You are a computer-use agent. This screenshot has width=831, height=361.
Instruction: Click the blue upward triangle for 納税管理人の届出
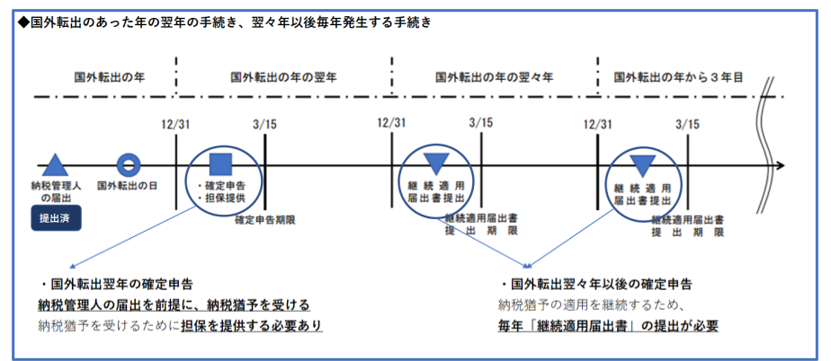click(x=55, y=164)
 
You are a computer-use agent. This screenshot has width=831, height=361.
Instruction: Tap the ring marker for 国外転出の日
click(x=129, y=165)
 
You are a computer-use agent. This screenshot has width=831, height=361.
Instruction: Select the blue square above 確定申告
click(x=221, y=164)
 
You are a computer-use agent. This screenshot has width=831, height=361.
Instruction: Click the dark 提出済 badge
click(x=56, y=217)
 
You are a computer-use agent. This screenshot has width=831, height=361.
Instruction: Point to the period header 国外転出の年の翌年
click(x=283, y=77)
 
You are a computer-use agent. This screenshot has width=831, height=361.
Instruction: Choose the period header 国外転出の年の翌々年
click(x=494, y=77)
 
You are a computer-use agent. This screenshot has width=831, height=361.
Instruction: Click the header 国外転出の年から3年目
click(x=678, y=77)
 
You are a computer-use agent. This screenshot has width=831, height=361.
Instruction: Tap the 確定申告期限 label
click(x=265, y=220)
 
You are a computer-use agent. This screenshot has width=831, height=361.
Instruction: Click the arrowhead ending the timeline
click(x=780, y=165)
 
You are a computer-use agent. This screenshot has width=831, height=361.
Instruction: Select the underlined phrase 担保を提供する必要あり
click(x=252, y=326)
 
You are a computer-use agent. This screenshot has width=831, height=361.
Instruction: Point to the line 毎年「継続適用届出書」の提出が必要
click(x=608, y=326)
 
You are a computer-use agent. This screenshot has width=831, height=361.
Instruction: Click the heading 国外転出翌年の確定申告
click(x=117, y=285)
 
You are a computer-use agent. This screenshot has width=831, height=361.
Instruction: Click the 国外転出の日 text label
click(x=127, y=186)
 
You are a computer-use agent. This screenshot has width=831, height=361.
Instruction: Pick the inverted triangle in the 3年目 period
click(x=643, y=165)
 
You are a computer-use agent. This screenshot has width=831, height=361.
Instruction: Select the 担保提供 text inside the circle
click(x=221, y=198)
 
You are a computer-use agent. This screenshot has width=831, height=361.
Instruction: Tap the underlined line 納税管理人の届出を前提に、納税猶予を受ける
click(x=174, y=305)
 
